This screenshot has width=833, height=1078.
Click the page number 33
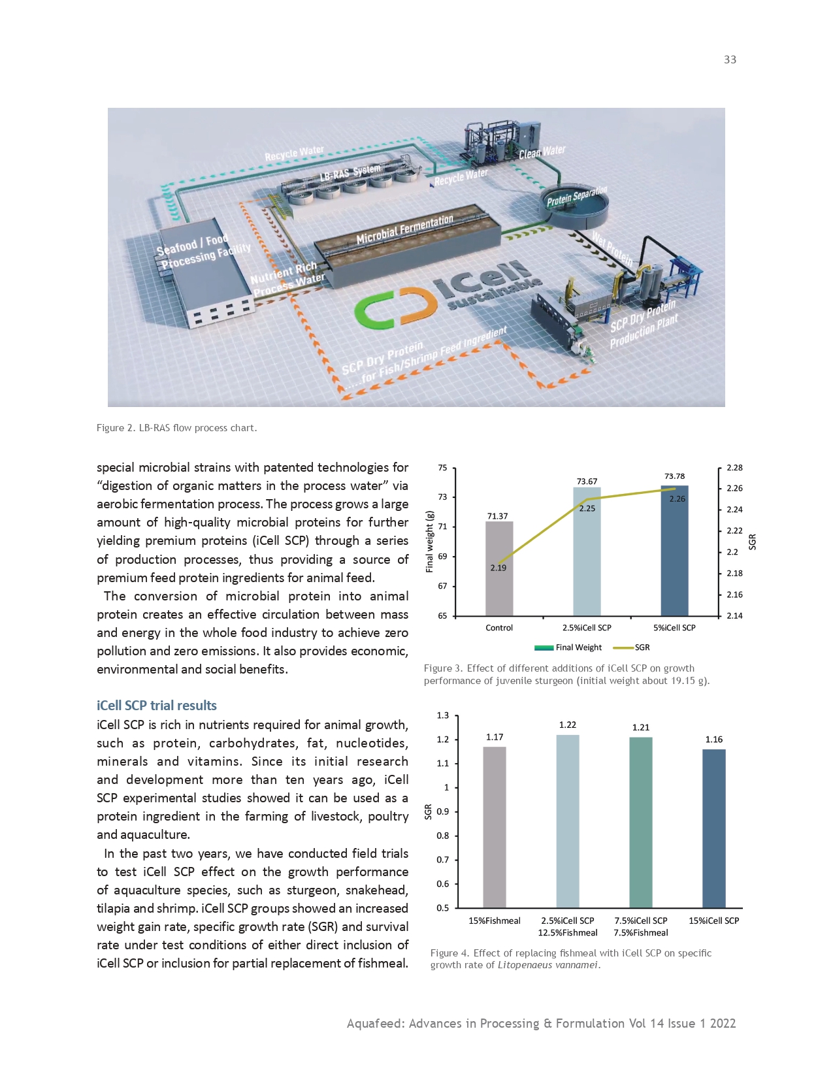click(730, 59)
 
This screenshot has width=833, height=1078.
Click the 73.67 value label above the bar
click(587, 482)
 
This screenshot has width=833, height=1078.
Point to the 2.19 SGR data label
click(498, 568)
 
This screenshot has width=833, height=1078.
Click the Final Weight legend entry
click(568, 647)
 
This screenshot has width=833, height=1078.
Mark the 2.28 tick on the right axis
click(734, 468)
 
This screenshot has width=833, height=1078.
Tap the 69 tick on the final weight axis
click(442, 557)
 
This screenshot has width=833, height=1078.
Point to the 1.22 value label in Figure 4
click(568, 725)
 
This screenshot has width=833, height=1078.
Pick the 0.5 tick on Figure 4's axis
click(443, 908)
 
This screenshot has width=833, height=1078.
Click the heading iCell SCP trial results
click(157, 706)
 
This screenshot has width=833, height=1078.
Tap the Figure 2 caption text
click(177, 428)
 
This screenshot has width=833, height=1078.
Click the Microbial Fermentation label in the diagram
click(404, 229)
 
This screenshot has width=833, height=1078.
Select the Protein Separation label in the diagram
click(577, 195)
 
